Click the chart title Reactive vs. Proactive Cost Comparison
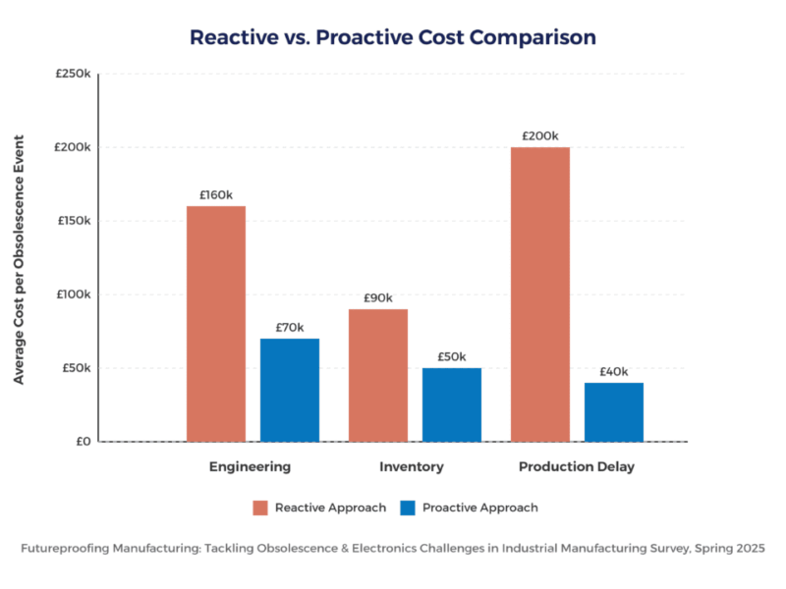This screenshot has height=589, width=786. pyautogui.click(x=393, y=37)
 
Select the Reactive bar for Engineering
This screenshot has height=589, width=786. pyautogui.click(x=216, y=324)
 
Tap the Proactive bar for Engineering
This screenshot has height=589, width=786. pyautogui.click(x=290, y=390)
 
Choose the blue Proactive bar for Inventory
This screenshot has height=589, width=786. pyautogui.click(x=452, y=404)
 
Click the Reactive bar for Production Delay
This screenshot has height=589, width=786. pyautogui.click(x=540, y=294)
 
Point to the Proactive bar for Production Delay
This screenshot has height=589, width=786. pyautogui.click(x=614, y=411)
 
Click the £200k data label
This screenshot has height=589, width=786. pyautogui.click(x=540, y=135)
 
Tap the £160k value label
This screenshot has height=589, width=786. pyautogui.click(x=216, y=194)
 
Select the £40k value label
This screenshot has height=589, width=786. pyautogui.click(x=614, y=371)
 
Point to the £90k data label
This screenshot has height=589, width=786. pyautogui.click(x=378, y=297)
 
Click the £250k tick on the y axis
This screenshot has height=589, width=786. pyautogui.click(x=74, y=74)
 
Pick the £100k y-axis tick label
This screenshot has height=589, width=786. pyautogui.click(x=74, y=294)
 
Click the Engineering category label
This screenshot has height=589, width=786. pyautogui.click(x=250, y=467)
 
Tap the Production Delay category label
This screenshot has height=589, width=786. pyautogui.click(x=577, y=467)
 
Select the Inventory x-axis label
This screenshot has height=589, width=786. pyautogui.click(x=411, y=467)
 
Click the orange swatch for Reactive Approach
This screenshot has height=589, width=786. pyautogui.click(x=260, y=508)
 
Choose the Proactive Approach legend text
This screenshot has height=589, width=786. pyautogui.click(x=480, y=508)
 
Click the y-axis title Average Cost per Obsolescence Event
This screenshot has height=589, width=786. pyautogui.click(x=20, y=257)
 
